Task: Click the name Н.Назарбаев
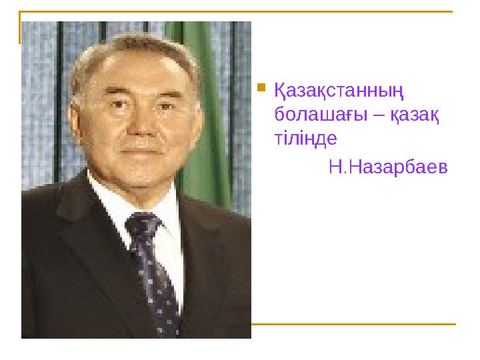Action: coord(388,166)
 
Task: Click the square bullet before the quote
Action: coord(262,87)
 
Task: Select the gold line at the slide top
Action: coord(240,11)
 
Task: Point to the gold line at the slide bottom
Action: coord(353,324)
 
